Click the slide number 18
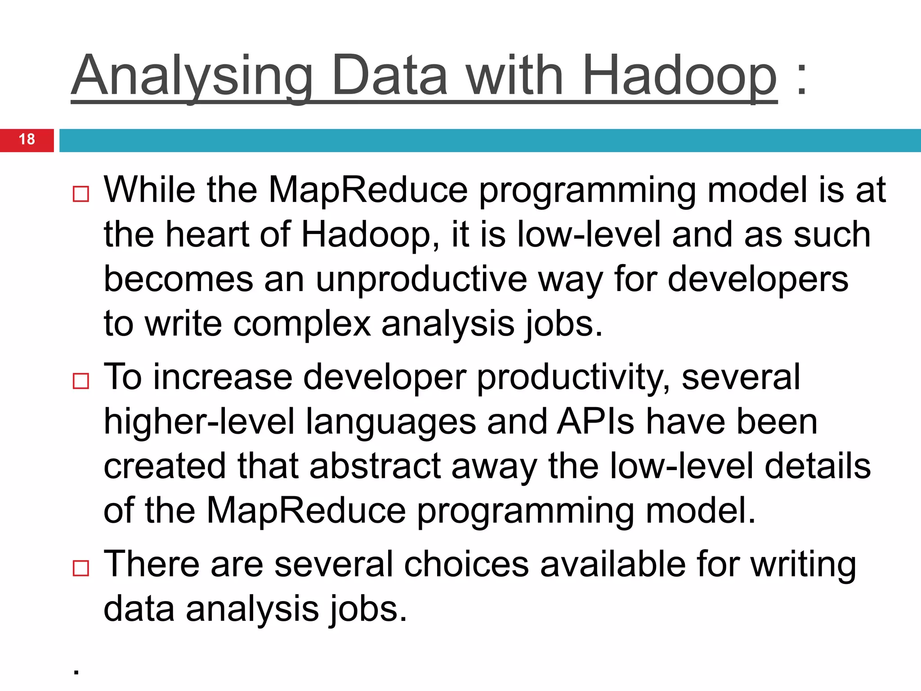pyautogui.click(x=27, y=139)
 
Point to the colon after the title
pyautogui.click(x=801, y=79)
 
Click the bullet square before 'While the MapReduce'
pyautogui.click(x=81, y=194)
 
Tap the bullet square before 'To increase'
pyautogui.click(x=81, y=381)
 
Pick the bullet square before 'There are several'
pyautogui.click(x=81, y=568)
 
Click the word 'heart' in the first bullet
pyautogui.click(x=207, y=234)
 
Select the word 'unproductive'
pyautogui.click(x=421, y=279)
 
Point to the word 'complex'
pyautogui.click(x=302, y=324)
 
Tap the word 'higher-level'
pyautogui.click(x=199, y=422)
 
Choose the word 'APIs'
pyautogui.click(x=596, y=422)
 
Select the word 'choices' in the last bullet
pyautogui.click(x=466, y=564)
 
